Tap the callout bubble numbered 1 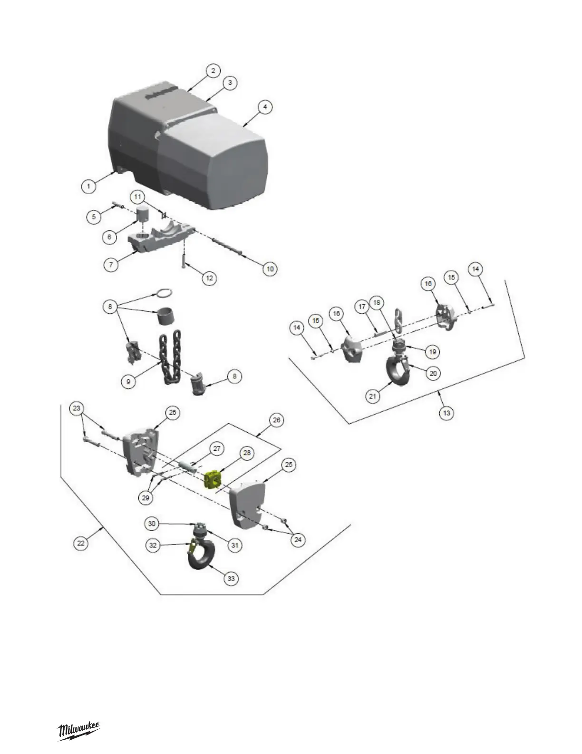(88, 186)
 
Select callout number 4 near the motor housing (265, 108)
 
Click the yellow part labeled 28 (213, 479)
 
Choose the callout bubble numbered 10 (270, 269)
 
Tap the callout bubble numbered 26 (276, 420)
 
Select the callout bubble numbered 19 (432, 352)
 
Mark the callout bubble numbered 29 (146, 498)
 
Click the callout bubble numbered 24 (298, 539)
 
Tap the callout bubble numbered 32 (153, 546)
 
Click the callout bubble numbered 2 (213, 71)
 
